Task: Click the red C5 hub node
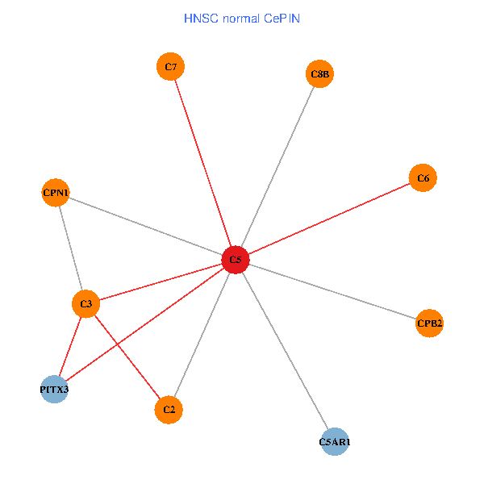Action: click(x=235, y=260)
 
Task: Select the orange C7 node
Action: click(x=170, y=67)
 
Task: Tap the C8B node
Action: click(x=319, y=74)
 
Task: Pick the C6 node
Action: click(x=423, y=177)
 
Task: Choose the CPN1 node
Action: click(x=56, y=193)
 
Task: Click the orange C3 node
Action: click(x=86, y=304)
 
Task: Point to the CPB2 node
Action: click(x=429, y=323)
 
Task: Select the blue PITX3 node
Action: click(x=54, y=389)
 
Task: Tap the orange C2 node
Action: click(x=169, y=410)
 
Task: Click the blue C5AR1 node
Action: click(x=334, y=442)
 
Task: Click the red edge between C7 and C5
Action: click(x=202, y=164)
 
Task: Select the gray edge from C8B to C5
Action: click(x=277, y=167)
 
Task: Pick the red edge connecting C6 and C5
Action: click(x=328, y=219)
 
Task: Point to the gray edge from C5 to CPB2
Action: click(x=332, y=291)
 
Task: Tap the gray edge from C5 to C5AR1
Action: click(x=284, y=351)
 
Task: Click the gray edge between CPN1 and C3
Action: click(x=71, y=248)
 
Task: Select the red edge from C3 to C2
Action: click(x=127, y=357)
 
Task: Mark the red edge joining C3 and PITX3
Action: click(x=70, y=346)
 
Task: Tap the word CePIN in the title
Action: click(x=282, y=18)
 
